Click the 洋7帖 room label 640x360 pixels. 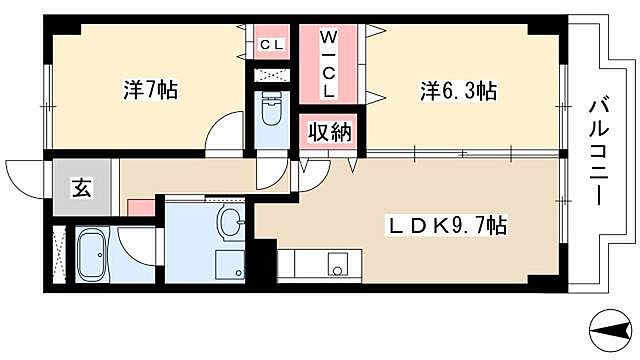[150, 91]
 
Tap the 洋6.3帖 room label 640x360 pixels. [458, 91]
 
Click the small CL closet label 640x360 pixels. [271, 44]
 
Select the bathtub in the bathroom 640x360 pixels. [97, 258]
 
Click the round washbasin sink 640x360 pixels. [231, 222]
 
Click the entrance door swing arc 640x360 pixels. [25, 176]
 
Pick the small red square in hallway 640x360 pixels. [140, 207]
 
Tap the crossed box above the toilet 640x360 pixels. [271, 75]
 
